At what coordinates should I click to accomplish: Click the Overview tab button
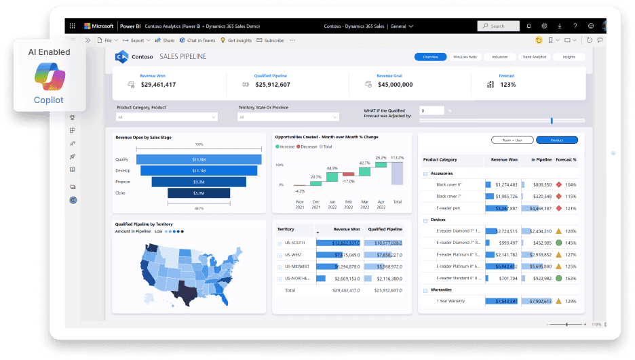[430, 57]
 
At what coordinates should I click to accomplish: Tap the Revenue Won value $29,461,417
[158, 85]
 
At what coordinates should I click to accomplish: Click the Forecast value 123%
[507, 85]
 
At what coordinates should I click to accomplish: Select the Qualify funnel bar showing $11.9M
[199, 159]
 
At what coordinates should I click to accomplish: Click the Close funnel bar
[199, 193]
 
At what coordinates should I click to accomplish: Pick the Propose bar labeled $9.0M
[199, 182]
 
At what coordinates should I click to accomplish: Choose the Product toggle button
[556, 140]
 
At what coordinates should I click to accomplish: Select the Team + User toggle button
[511, 140]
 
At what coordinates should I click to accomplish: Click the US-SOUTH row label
[296, 243]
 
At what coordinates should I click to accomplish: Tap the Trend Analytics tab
[534, 57]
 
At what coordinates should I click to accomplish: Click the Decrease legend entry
[307, 146]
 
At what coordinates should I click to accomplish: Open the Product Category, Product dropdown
[166, 117]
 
